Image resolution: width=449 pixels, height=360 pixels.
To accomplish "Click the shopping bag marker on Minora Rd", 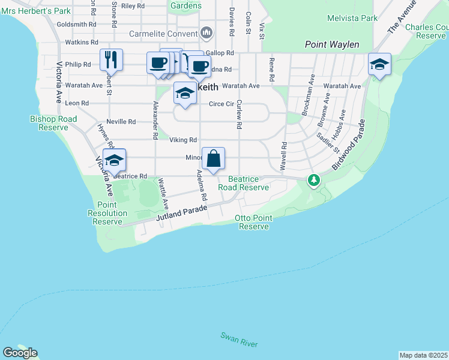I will (x=213, y=160).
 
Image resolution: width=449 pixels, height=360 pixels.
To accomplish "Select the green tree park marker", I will (x=313, y=179).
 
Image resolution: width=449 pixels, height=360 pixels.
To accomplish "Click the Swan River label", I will (x=239, y=340).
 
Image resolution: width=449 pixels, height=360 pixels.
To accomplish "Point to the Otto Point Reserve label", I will (x=254, y=222).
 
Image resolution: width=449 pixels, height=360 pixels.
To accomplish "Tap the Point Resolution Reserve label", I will (x=108, y=213).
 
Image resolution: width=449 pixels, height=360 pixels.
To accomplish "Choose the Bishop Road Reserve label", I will (x=53, y=123).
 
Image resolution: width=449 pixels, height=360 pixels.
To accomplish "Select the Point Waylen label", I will (x=332, y=44).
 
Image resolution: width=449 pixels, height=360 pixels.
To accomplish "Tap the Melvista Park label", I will (x=352, y=18).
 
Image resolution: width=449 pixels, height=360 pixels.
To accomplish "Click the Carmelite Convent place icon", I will (x=206, y=31).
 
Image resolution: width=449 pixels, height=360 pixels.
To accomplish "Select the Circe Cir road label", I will (x=221, y=104).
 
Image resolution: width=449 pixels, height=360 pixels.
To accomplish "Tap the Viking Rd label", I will (x=183, y=140).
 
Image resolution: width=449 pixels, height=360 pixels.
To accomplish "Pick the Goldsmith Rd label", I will (x=76, y=25).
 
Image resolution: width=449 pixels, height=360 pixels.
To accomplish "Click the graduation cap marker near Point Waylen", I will (x=379, y=65).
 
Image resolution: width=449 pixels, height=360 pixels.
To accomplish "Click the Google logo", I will (x=20, y=353).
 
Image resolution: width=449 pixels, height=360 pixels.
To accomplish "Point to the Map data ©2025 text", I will (x=423, y=355).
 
